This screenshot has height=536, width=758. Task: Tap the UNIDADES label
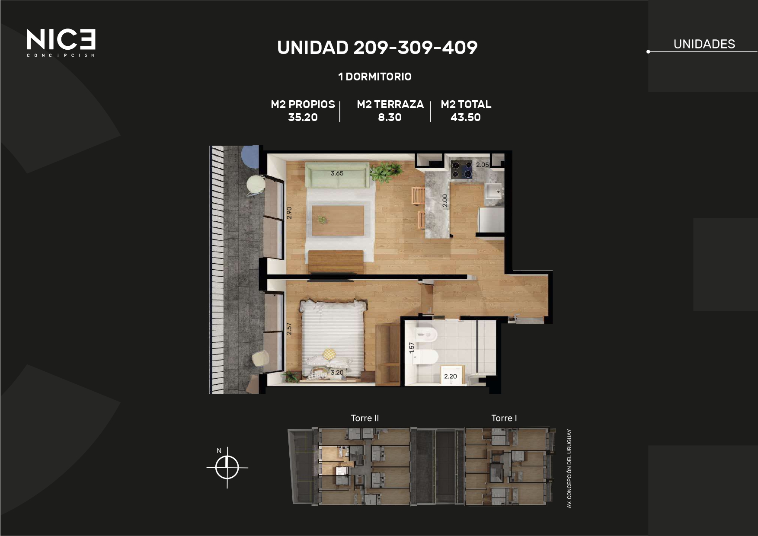704,44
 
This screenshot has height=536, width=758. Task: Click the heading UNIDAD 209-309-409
377,48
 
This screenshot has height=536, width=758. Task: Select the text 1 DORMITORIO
375,77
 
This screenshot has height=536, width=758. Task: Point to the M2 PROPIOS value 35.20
303,117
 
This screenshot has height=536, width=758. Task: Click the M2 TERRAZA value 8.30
390,117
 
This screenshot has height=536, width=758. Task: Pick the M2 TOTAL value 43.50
465,117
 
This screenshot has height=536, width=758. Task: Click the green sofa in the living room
337,175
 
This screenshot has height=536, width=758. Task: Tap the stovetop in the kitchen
462,169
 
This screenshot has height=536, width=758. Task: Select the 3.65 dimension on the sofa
337,173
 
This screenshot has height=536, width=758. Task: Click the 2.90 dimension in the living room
289,213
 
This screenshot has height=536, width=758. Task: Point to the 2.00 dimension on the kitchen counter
445,201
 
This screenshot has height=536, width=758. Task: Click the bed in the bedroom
333,339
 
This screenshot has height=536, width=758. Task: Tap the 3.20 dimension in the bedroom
337,372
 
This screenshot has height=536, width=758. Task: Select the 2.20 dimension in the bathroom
450,376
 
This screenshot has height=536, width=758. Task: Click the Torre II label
365,418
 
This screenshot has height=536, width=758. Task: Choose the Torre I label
504,418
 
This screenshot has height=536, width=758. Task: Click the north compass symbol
227,467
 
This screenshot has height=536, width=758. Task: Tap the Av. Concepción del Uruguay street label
569,469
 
